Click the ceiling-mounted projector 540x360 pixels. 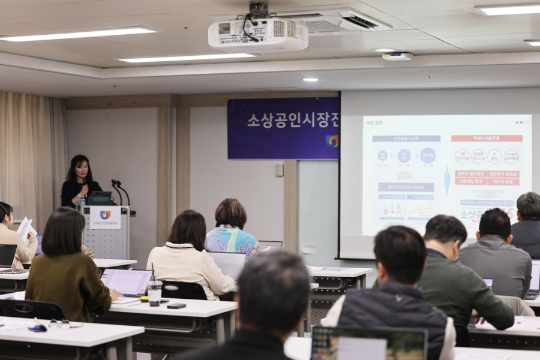258,34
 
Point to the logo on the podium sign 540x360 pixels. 105,215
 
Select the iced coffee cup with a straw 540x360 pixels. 154,292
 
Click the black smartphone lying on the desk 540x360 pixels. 176,306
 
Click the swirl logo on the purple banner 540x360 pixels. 332,141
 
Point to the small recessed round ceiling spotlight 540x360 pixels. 310,80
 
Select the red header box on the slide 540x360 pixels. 486,139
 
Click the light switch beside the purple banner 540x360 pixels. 280,170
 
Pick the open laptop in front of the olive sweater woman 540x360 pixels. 127,282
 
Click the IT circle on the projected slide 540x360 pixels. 494,157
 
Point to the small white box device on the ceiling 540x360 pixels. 397,56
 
